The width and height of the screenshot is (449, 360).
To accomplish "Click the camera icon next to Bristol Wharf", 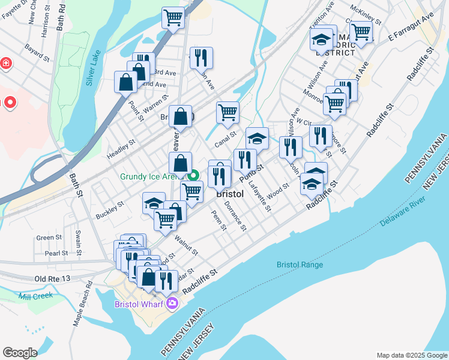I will point(173,304).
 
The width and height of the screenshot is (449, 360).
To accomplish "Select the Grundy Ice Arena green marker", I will point(193,176).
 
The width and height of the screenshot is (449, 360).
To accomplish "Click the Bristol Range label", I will point(300,265).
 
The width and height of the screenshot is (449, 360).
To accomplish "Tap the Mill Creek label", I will point(35,295).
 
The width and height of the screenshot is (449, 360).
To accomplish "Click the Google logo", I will point(20,352).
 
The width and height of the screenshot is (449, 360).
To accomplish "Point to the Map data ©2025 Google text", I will point(411,355).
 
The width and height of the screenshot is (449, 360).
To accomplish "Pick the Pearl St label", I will point(56,253).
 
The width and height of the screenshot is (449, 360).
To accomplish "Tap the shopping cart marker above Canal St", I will point(228,112).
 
